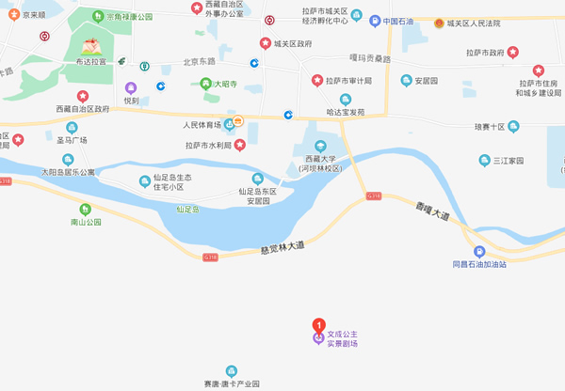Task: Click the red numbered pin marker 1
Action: (x=318, y=325)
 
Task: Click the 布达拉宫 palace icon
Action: (x=91, y=45)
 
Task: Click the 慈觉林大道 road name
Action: (x=282, y=248)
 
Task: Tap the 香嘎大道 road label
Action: (x=432, y=212)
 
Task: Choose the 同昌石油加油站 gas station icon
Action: (x=480, y=251)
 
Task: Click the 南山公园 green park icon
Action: (x=86, y=209)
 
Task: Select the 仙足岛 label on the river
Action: (x=187, y=209)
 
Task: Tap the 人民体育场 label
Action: (x=202, y=123)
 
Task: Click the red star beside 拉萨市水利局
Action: (x=240, y=144)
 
